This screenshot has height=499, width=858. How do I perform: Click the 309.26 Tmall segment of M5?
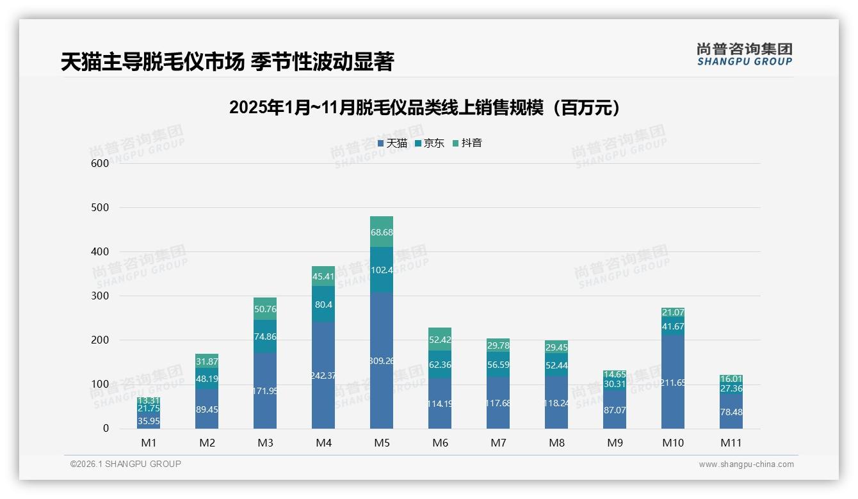[382, 360]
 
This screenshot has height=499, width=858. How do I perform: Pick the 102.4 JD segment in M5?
[382, 270]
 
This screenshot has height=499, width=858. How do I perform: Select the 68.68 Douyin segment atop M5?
[382, 232]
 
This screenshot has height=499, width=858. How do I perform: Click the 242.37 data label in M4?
[323, 376]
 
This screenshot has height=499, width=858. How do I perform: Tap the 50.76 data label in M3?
[265, 309]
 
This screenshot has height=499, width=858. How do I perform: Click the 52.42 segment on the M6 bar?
[440, 340]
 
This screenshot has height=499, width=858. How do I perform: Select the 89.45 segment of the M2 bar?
[207, 409]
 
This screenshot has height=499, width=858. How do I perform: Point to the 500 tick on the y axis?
[101, 208]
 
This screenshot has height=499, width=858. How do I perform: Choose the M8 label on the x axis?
[556, 443]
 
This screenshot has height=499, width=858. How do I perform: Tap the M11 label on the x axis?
[731, 443]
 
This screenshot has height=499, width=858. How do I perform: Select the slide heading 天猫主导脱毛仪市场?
[227, 62]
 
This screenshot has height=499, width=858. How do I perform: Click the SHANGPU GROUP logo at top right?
[744, 54]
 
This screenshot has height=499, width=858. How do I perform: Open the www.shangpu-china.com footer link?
[746, 464]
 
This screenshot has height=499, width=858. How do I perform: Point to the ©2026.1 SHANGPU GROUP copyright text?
[125, 464]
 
